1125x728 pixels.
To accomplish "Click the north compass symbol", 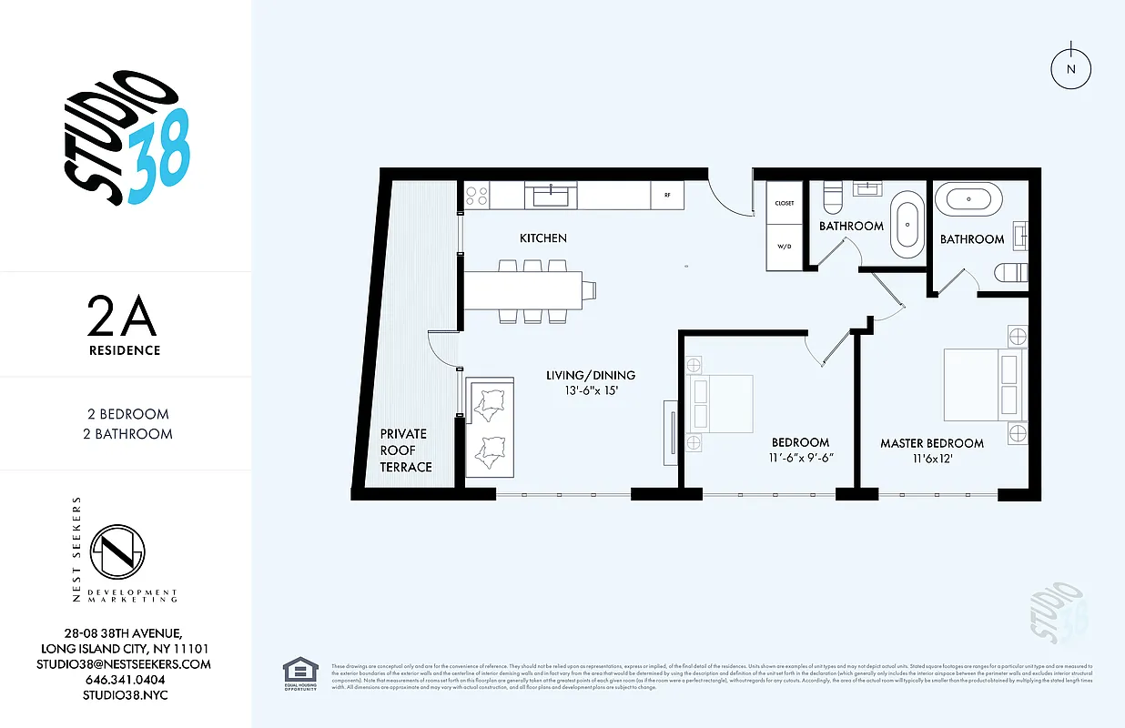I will click(x=1071, y=68).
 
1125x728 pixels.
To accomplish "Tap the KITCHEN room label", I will click(x=542, y=238).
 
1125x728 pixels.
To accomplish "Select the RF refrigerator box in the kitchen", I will click(x=667, y=195).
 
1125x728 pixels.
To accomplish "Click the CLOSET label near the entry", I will click(x=784, y=203).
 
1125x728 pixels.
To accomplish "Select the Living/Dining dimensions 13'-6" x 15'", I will click(x=591, y=391).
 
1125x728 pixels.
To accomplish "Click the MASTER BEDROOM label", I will click(x=931, y=443).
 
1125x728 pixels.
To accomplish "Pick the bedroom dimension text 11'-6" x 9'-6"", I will click(x=800, y=459).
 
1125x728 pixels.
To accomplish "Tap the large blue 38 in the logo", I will click(x=159, y=157).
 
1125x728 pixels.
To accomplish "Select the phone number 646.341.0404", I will click(x=125, y=680).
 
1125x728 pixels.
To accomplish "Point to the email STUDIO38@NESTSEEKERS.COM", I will click(x=125, y=664).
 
